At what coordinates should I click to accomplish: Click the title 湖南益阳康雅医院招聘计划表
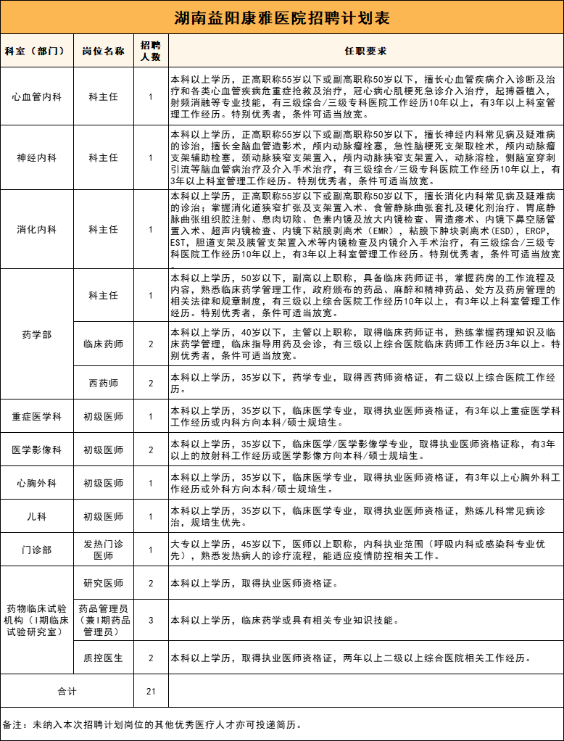click(x=282, y=17)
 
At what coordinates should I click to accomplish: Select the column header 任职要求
click(x=366, y=51)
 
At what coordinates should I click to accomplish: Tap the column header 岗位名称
click(x=103, y=51)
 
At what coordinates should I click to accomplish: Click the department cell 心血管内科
click(x=36, y=96)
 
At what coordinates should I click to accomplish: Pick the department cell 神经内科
click(x=36, y=157)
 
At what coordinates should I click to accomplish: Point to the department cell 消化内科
click(x=36, y=229)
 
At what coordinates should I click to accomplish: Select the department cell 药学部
click(x=36, y=334)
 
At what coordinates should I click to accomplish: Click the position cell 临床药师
click(x=103, y=344)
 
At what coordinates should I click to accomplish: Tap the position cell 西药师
click(x=103, y=383)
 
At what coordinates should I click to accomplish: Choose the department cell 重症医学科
click(x=36, y=417)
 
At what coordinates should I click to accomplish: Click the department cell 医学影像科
click(x=36, y=450)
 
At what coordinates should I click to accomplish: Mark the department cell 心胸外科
click(x=36, y=484)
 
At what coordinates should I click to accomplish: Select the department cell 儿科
click(x=36, y=517)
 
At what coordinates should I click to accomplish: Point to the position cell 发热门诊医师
click(x=103, y=550)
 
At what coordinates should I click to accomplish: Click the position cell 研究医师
click(x=103, y=584)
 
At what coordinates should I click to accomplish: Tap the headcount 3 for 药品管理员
click(x=151, y=621)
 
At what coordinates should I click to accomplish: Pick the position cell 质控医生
click(x=103, y=658)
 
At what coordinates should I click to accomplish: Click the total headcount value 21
click(x=151, y=692)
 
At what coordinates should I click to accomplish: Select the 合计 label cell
click(x=67, y=692)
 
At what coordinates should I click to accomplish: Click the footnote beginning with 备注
click(x=152, y=724)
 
